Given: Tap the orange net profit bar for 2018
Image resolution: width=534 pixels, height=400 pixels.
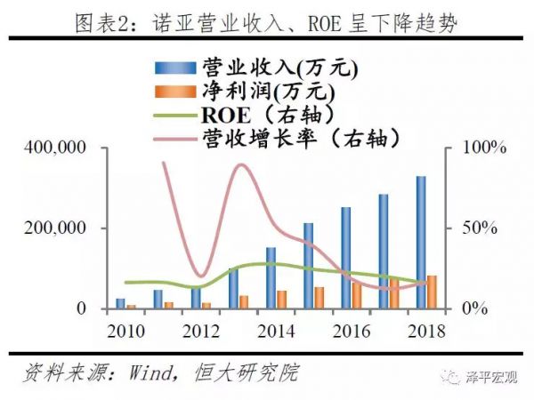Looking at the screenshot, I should (432, 292).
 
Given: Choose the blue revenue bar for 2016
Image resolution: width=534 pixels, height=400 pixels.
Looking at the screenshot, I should (345, 258).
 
